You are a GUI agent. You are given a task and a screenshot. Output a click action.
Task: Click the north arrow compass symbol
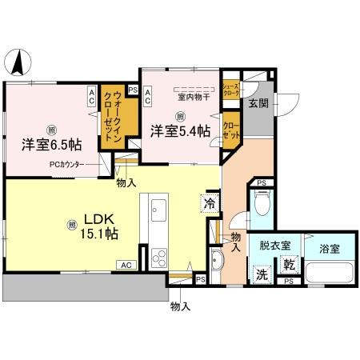(x=18, y=60)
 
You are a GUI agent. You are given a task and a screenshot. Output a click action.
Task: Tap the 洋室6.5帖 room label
(x=51, y=146)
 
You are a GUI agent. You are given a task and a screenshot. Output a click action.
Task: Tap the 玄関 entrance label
(x=258, y=104)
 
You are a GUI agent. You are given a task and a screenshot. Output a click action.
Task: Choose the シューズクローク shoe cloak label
(x=230, y=90)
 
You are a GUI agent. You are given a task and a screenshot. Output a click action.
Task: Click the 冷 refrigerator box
(x=210, y=204)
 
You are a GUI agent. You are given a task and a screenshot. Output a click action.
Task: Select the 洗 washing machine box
(x=262, y=273)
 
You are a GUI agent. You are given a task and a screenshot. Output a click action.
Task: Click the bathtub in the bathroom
(x=328, y=273)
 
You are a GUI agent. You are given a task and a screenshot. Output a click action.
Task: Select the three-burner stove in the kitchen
(x=158, y=258)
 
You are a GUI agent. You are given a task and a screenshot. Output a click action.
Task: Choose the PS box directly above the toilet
(x=262, y=184)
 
